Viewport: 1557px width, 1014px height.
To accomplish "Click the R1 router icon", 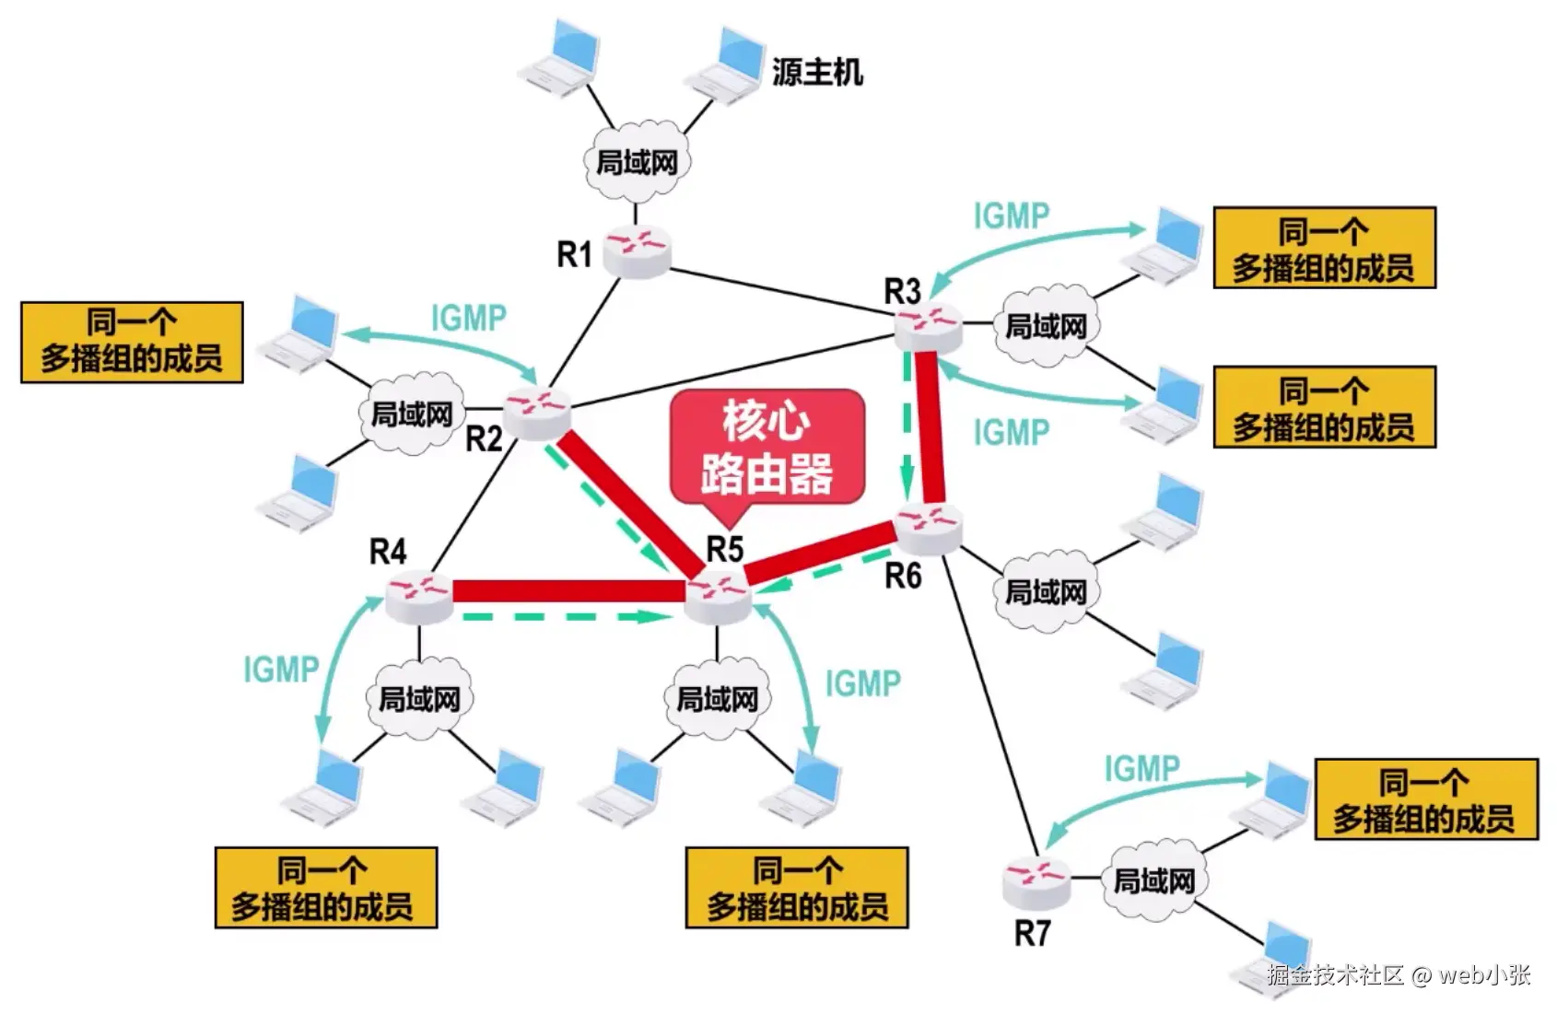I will click(x=637, y=250).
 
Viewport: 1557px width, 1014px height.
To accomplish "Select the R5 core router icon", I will click(x=718, y=597).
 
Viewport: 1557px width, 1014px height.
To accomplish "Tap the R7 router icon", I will click(x=1036, y=880).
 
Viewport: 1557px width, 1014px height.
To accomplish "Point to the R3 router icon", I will click(x=928, y=327).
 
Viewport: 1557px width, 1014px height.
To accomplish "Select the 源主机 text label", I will click(x=817, y=72).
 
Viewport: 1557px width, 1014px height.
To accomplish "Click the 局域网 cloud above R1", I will click(x=637, y=163).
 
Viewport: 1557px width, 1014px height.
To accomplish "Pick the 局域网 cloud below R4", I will click(x=419, y=699).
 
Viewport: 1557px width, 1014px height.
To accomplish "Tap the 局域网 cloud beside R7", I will click(x=1153, y=880).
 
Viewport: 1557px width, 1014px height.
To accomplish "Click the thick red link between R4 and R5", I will click(x=569, y=590).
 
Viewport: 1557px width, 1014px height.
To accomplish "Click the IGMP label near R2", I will click(x=469, y=318).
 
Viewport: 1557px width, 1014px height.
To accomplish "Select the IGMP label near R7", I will click(x=1141, y=768).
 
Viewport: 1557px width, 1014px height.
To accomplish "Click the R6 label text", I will click(x=903, y=577).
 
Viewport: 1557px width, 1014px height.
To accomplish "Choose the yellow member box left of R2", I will click(x=132, y=342).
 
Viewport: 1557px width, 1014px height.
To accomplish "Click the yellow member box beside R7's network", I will click(x=1425, y=798).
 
